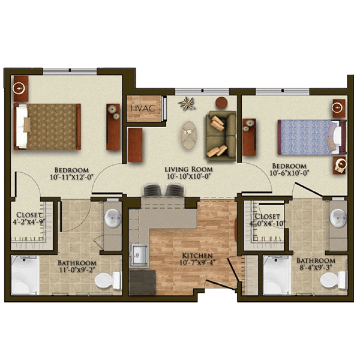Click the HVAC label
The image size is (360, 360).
[143, 108]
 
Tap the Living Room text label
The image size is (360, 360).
[189, 169]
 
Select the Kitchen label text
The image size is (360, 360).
[197, 256]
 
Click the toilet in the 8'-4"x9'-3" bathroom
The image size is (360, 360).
[334, 280]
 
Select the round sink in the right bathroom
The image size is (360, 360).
[338, 218]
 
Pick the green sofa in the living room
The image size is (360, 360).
[221, 136]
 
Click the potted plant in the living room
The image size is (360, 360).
[187, 103]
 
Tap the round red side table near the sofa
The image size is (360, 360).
[221, 103]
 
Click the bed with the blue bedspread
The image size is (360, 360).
[312, 137]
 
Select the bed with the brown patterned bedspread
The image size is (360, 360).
[47, 127]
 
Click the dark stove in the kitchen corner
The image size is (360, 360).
[143, 282]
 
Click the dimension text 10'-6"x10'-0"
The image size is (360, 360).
[289, 173]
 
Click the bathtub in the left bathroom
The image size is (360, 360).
[24, 275]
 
